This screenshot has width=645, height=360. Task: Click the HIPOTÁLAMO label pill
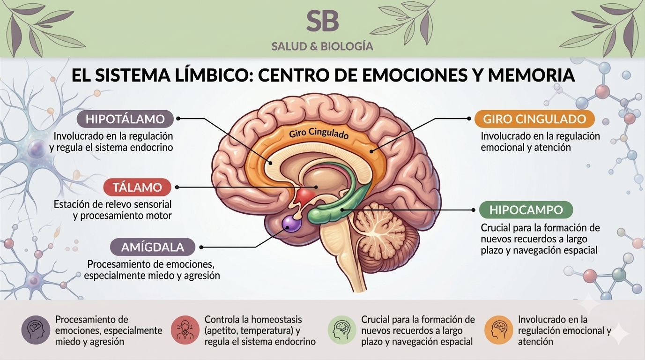tap(125, 119)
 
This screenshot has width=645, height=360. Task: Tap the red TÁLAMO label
tap(137, 187)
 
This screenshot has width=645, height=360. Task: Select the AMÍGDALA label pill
tap(153, 247)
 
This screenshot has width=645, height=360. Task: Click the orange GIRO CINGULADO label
tap(534, 119)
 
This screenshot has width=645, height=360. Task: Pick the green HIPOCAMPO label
tap(526, 210)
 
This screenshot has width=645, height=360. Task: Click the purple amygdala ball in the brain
tap(291, 224)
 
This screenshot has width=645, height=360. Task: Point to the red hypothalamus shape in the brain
tap(305, 196)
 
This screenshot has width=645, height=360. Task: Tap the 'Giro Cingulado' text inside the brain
tap(319, 134)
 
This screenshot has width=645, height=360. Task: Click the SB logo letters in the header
tap(322, 21)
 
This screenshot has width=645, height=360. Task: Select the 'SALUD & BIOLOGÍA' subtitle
tap(322, 46)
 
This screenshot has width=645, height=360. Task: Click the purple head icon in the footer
tap(36, 330)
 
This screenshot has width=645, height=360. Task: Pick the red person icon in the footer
tap(185, 330)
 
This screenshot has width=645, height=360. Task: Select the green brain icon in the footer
tap(342, 330)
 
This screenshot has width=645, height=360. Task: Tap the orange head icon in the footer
tap(498, 330)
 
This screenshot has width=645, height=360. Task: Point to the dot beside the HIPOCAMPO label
tap(473, 210)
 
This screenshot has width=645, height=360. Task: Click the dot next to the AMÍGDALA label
tap(201, 247)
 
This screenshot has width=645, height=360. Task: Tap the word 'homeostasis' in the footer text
tap(274, 319)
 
